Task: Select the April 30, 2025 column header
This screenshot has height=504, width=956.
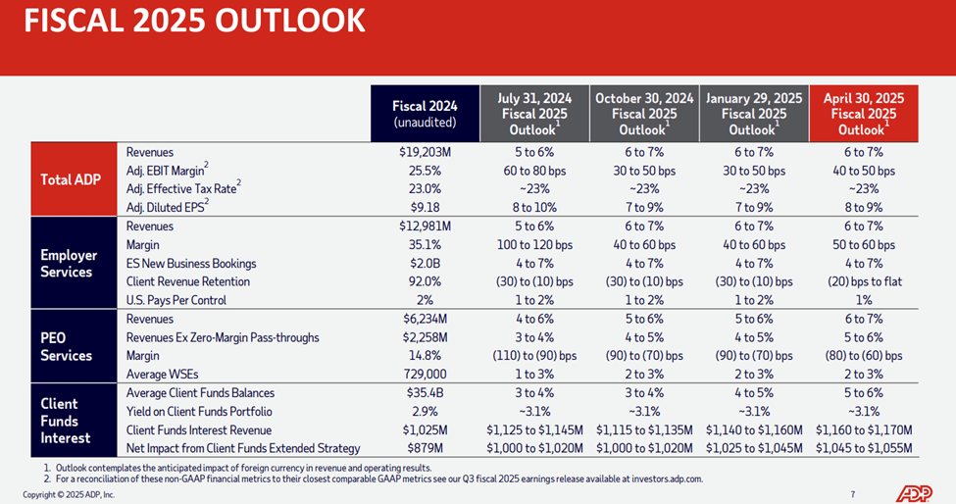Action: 863,114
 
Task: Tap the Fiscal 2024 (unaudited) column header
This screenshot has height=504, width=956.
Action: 425,114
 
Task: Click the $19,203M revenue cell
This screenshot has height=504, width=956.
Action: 425,152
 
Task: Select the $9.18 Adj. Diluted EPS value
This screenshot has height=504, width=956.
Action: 425,207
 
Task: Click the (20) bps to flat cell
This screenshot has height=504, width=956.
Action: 863,281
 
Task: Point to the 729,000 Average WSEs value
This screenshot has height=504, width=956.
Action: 425,375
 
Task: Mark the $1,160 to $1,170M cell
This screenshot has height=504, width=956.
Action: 863,429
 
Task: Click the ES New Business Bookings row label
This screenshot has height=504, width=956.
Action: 191,263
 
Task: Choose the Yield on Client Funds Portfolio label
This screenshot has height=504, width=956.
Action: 199,411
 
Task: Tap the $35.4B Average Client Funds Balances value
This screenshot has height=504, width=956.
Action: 425,393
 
